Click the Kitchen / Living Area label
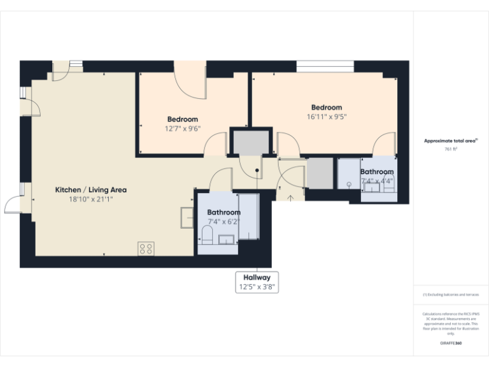91,190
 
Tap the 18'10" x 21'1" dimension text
91,199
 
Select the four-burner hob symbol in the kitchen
145,248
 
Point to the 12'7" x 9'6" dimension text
182,128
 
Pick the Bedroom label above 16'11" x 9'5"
326,108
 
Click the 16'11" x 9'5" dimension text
326,117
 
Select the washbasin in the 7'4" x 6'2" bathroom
227,240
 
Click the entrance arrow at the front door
291,197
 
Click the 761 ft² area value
451,149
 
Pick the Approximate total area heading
451,141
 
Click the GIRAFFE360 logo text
451,343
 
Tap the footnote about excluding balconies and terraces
451,294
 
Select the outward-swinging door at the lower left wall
14,205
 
